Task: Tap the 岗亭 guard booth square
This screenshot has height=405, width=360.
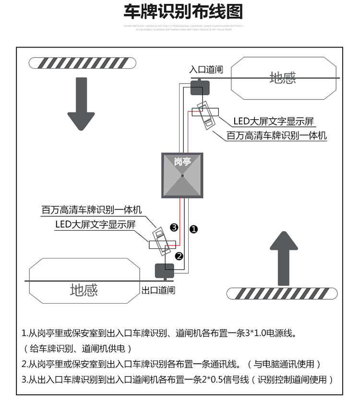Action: [182, 175]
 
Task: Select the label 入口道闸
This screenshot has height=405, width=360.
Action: [206, 70]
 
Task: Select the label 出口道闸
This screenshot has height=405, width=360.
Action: [158, 290]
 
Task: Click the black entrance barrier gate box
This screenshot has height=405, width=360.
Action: [200, 88]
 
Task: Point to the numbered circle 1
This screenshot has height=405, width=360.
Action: [193, 229]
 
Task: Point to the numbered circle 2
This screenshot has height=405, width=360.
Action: [179, 256]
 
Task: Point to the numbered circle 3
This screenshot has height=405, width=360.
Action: [174, 227]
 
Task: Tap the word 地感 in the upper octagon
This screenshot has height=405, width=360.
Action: [282, 78]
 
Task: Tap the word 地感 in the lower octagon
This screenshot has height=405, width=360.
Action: [84, 290]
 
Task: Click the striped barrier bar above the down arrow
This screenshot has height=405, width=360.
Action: [82, 62]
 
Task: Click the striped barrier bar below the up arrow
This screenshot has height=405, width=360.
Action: [282, 293]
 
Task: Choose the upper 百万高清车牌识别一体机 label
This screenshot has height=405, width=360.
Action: [277, 136]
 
